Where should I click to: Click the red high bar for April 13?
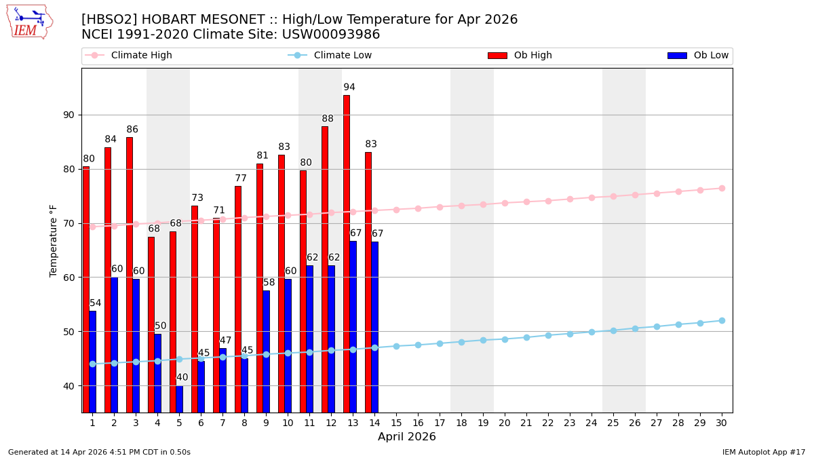point(347,254)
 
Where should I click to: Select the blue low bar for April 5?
point(180,399)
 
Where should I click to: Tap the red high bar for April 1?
point(86,289)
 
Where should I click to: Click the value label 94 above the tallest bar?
point(349,88)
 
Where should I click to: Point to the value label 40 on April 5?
point(182,378)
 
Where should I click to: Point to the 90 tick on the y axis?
point(68,115)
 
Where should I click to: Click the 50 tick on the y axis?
point(68,332)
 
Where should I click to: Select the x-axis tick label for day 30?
point(722,423)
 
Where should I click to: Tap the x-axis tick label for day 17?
point(440,423)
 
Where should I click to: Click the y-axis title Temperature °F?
point(54,240)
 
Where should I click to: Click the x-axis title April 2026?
point(407,437)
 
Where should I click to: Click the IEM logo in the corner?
point(30,22)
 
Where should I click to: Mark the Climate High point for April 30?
point(722,188)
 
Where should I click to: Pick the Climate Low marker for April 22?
point(548,335)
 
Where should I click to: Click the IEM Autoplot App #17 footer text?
point(763,452)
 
